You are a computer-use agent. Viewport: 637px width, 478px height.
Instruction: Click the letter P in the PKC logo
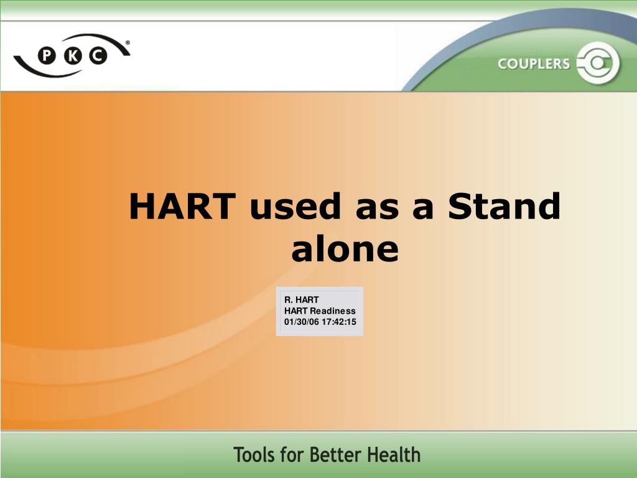coord(47,57)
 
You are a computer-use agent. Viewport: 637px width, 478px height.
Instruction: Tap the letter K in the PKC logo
coord(72,57)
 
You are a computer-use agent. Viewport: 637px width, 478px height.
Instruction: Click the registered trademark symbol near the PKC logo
coord(128,43)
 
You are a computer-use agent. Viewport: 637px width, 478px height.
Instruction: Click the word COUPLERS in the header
coord(533,63)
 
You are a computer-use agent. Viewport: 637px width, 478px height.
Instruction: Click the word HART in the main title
coord(182,207)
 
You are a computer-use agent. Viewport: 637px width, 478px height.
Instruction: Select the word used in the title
coord(295,207)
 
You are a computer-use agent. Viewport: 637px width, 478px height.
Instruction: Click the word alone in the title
coord(345,249)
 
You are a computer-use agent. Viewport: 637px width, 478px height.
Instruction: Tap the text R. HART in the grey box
coord(301,300)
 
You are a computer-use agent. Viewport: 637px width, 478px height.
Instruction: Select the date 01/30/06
coord(300,322)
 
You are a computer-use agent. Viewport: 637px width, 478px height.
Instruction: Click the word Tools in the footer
coord(254,456)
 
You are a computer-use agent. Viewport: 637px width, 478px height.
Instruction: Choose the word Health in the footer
coord(394,456)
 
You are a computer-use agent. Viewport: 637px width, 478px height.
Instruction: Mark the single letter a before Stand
coord(423,207)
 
